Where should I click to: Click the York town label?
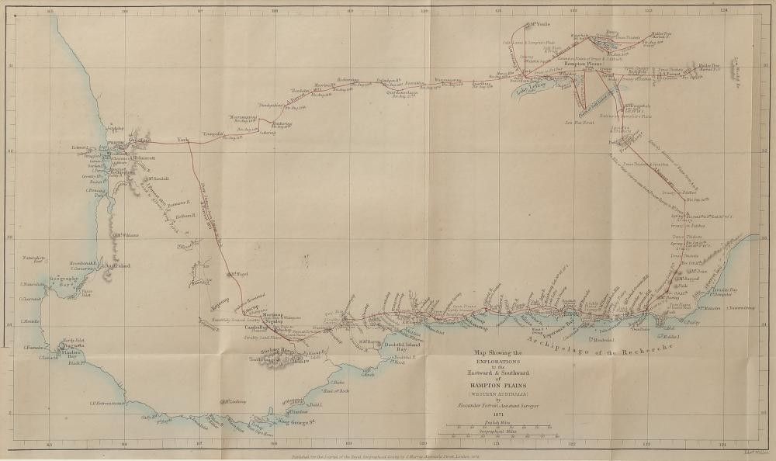(x=183, y=140)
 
